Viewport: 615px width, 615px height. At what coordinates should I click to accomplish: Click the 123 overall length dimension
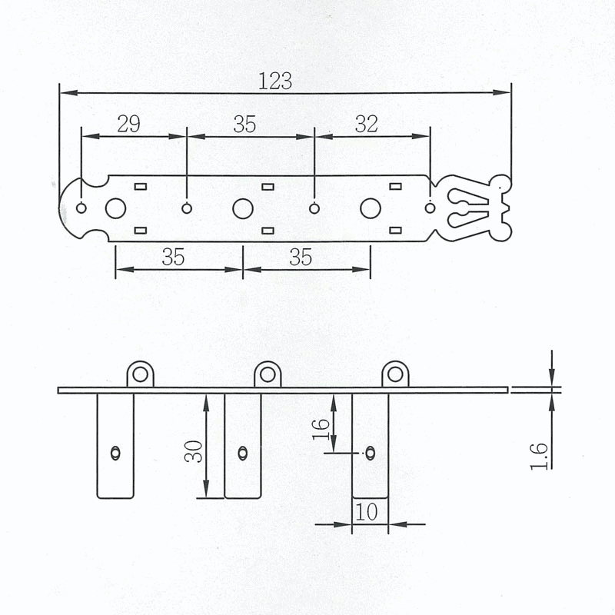(275, 81)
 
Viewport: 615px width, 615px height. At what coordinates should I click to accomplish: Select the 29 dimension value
(128, 125)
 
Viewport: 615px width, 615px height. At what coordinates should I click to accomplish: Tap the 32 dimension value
(367, 124)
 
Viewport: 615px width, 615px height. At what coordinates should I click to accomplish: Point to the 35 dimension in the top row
(244, 125)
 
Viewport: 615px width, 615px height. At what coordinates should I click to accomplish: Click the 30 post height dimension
(194, 451)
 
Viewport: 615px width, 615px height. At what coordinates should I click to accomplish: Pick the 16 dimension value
(321, 429)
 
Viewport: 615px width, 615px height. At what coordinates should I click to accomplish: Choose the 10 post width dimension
(367, 512)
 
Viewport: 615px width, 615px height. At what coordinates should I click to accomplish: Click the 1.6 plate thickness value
(539, 456)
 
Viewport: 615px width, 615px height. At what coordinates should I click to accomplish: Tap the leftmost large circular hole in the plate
(116, 208)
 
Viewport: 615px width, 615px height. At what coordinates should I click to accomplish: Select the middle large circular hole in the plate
(243, 208)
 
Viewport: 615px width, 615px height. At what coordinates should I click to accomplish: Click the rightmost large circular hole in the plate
(371, 208)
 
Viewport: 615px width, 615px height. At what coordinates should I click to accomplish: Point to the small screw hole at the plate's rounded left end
(81, 208)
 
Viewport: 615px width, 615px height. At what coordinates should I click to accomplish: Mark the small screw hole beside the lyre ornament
(430, 208)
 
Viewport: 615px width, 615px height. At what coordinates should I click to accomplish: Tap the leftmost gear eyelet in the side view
(140, 374)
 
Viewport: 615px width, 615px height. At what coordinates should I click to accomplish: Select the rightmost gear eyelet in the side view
(395, 374)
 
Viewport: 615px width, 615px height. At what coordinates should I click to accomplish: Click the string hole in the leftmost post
(115, 453)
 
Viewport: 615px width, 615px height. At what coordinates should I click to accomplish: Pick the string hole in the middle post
(243, 453)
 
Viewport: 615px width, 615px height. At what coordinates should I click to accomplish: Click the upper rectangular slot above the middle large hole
(268, 187)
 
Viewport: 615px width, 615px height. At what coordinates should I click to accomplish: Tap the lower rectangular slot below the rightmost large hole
(395, 230)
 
